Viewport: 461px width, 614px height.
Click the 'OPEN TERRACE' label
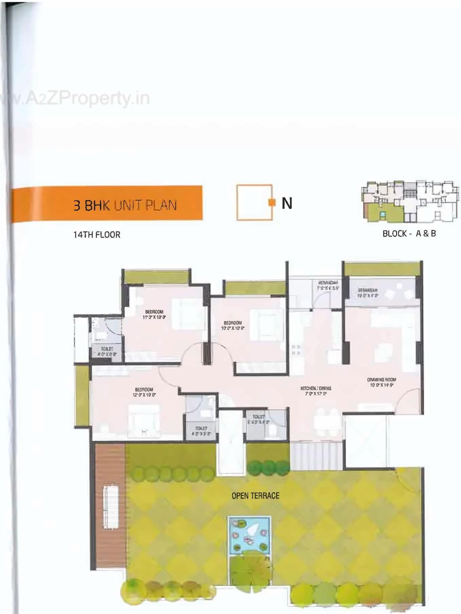point(255,496)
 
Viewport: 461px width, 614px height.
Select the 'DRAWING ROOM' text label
point(381,380)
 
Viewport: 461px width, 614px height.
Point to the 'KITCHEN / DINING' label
point(315,388)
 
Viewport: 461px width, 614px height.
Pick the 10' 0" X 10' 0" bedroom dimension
point(233,328)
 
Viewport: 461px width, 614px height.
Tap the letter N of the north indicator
point(287,203)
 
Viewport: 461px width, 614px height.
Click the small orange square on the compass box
point(271,203)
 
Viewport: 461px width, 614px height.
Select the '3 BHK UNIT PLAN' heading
point(125,205)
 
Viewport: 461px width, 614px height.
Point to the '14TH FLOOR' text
point(97,234)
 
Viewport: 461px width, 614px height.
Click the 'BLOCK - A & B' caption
point(409,233)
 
